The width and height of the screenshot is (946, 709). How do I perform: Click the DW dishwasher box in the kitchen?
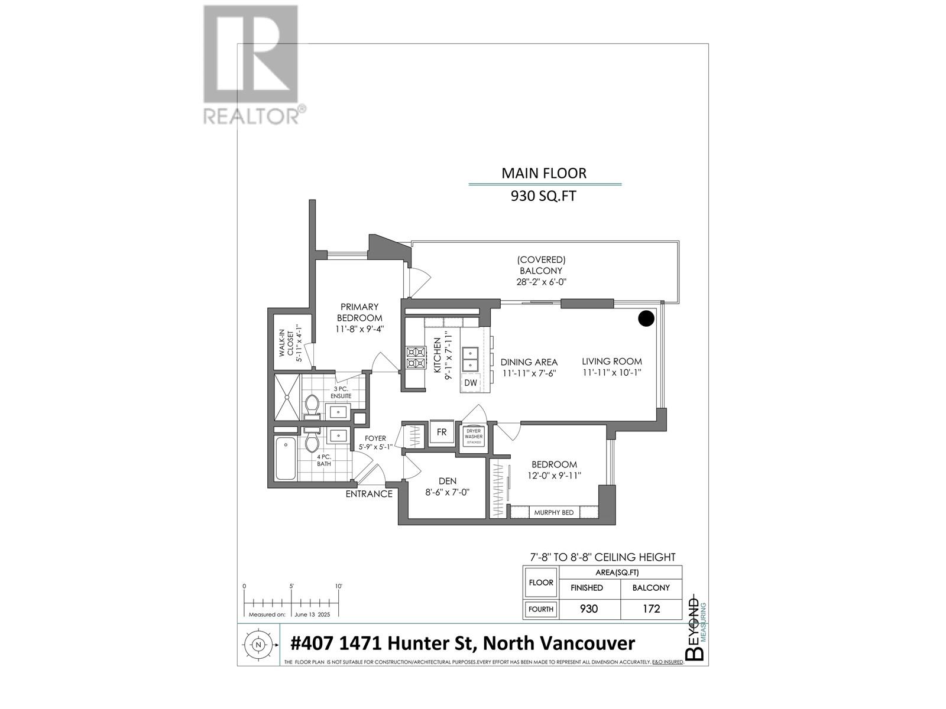tap(471, 383)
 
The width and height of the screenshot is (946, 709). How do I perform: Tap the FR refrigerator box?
tap(442, 432)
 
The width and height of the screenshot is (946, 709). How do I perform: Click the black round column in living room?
tap(647, 318)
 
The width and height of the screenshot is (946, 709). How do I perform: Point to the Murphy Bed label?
tap(553, 512)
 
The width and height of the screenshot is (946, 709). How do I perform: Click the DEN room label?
tap(448, 481)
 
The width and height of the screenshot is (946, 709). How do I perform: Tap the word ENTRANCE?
tap(369, 494)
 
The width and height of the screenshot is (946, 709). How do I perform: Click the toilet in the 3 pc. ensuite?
tap(312, 405)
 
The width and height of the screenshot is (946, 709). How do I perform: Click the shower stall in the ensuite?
tap(286, 396)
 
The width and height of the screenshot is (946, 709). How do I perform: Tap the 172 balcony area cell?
tap(651, 609)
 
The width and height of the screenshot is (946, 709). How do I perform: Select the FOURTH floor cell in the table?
tap(541, 609)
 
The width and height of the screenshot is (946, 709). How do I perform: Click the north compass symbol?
tap(258, 645)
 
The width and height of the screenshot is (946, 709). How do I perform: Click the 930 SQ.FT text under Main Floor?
tap(543, 196)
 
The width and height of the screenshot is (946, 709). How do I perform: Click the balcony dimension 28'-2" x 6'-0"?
tap(541, 282)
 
